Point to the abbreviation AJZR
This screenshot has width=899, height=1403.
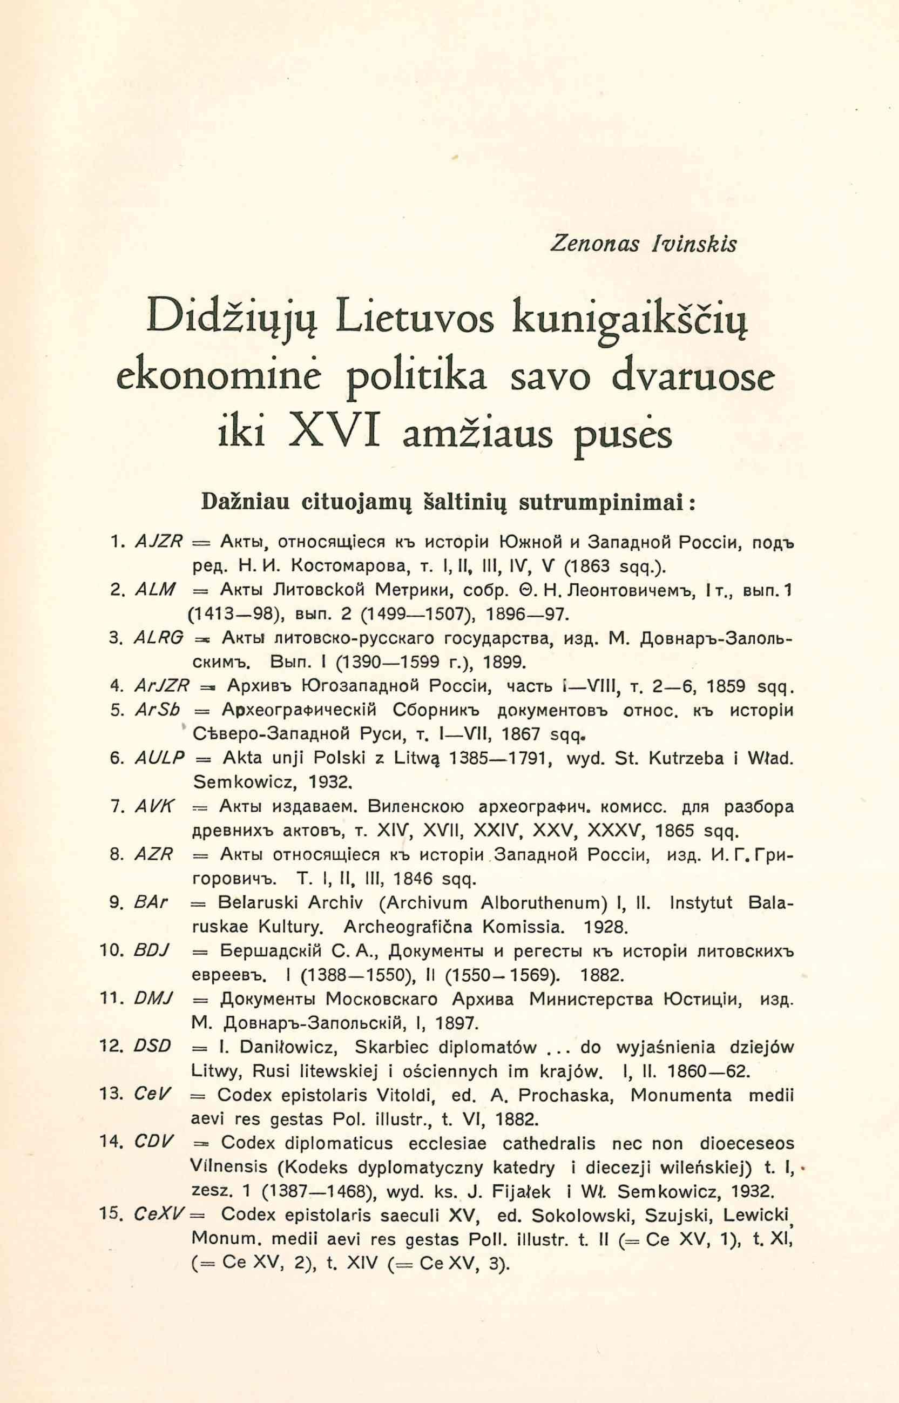[159, 542]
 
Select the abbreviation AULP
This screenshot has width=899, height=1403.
[159, 758]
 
